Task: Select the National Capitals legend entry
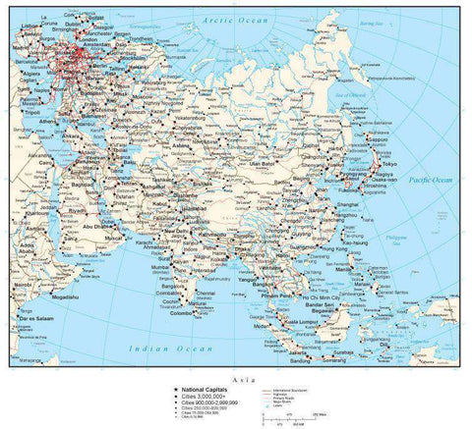[x=202, y=390]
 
